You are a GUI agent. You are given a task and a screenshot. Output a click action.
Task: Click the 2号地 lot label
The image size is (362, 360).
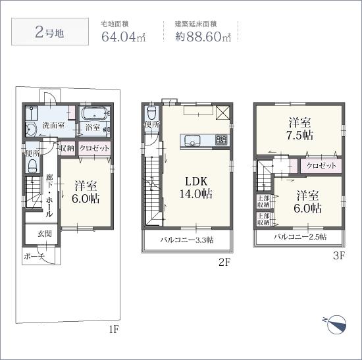(x=49, y=32)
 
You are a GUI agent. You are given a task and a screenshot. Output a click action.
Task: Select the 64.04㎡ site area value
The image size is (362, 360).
(x=124, y=36)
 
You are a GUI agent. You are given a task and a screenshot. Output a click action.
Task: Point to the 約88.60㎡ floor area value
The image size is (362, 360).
(x=203, y=36)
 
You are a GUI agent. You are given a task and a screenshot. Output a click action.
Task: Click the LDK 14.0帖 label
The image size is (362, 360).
(x=196, y=188)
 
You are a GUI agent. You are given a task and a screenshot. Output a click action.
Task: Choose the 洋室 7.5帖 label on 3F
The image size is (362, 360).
(x=299, y=129)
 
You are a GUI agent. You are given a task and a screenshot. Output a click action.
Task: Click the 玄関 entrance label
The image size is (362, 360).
(x=44, y=234)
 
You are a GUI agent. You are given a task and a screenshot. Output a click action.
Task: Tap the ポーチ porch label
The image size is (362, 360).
(x=34, y=256)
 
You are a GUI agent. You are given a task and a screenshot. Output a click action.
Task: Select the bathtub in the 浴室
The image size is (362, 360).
(x=95, y=113)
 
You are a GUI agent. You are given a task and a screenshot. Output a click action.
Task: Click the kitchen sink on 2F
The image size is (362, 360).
(x=192, y=140)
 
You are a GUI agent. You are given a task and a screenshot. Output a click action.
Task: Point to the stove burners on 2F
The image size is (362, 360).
(x=221, y=140)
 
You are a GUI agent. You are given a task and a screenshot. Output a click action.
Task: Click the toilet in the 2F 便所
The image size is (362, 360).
(x=151, y=113)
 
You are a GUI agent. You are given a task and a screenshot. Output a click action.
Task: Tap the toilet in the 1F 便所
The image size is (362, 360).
(x=32, y=166)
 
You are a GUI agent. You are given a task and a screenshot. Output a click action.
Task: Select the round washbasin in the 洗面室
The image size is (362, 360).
(x=30, y=130)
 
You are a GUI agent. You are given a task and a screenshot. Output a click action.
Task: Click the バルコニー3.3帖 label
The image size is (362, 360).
(x=187, y=240)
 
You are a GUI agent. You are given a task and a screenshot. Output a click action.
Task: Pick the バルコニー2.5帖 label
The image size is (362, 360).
(x=300, y=237)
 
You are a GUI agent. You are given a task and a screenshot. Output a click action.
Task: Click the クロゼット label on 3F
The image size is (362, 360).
(x=321, y=165)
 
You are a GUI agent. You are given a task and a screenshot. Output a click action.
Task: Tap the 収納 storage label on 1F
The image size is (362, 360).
(x=67, y=148)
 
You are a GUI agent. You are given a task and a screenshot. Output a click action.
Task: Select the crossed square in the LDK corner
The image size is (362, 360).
(x=222, y=113)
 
